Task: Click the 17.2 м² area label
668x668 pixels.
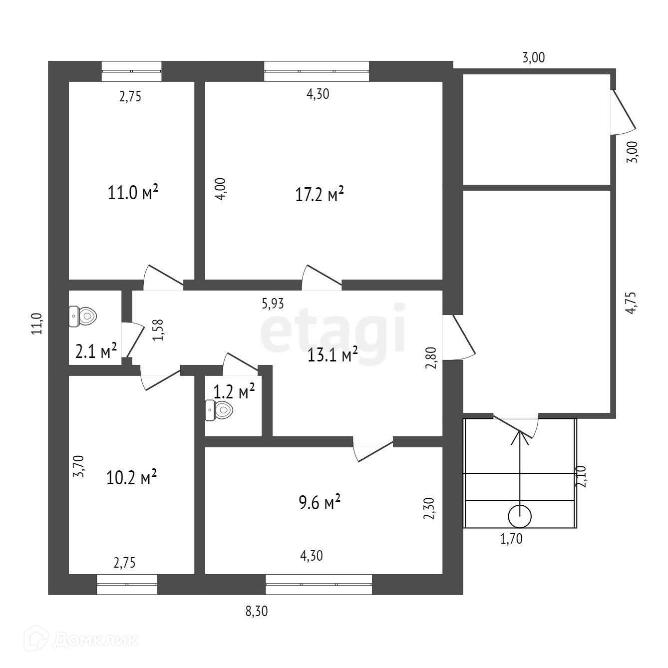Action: pyautogui.click(x=320, y=194)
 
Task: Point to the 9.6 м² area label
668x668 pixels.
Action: pyautogui.click(x=319, y=502)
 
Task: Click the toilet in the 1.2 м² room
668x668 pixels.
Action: pyautogui.click(x=219, y=411)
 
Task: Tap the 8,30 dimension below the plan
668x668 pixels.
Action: pyautogui.click(x=257, y=611)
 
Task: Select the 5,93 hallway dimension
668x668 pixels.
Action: pyautogui.click(x=273, y=303)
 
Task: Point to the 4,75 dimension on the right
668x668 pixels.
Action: pyautogui.click(x=632, y=302)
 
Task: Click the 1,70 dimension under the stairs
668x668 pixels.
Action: pyautogui.click(x=511, y=539)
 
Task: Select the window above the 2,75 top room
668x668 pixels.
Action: pyautogui.click(x=132, y=71)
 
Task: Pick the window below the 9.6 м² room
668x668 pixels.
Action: pyautogui.click(x=319, y=584)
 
